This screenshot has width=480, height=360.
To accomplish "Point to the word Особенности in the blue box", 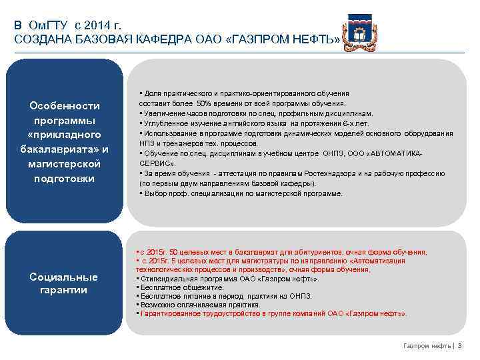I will tap(65, 106).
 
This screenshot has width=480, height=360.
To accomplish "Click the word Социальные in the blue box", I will tap(64, 277).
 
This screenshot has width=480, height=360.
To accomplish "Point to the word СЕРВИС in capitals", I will tap(156, 163).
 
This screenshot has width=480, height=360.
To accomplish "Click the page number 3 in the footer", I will tap(459, 345).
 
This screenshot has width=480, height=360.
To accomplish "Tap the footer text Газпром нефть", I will tap(426, 345).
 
